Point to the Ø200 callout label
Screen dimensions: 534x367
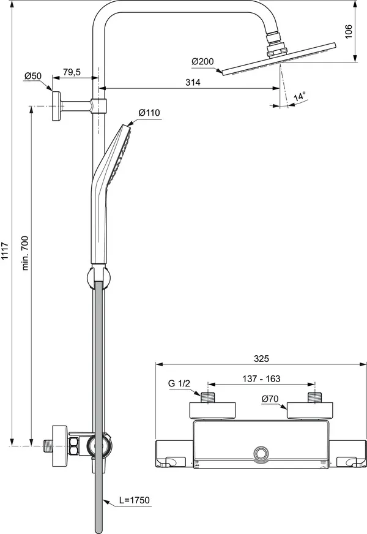[x=202, y=62]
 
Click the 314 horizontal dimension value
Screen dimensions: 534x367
[x=192, y=81]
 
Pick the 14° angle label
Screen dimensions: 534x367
[x=299, y=97]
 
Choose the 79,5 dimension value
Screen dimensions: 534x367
[x=72, y=73]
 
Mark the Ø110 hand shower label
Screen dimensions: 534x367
[x=149, y=113]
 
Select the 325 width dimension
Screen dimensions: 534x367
[x=261, y=359]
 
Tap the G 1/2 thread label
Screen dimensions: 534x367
[x=180, y=384]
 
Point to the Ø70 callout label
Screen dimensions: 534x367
[x=270, y=399]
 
